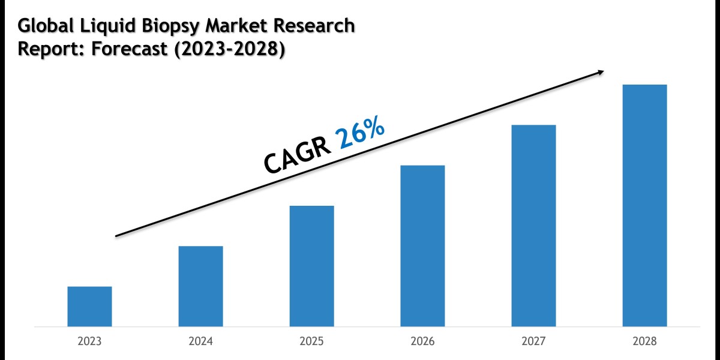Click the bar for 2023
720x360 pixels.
point(89,307)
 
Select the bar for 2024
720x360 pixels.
point(200,286)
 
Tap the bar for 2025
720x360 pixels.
point(311,266)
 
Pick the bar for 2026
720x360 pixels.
point(422,246)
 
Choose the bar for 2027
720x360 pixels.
point(533,226)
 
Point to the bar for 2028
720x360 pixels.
point(644,206)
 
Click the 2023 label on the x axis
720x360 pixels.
point(89,341)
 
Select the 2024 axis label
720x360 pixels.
point(200,341)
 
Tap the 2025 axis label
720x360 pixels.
point(311,341)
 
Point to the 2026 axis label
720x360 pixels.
point(422,341)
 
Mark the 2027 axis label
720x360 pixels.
point(533,341)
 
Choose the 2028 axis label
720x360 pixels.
point(644,341)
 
